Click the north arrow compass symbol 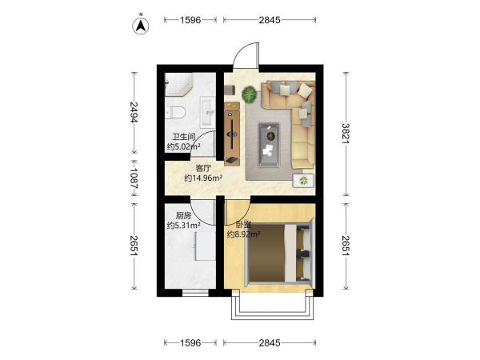141,26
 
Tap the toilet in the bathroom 174,112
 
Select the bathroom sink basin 208,112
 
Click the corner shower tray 178,84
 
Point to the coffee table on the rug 269,145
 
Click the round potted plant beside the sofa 250,94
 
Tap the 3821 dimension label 346,134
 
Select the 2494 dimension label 134,112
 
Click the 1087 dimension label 134,178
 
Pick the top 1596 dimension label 190,20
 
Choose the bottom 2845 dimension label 270,343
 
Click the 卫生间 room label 184,137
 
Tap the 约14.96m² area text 203,178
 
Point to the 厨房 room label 184,216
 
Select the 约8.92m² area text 243,234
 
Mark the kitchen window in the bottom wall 195,293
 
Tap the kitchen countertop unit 205,246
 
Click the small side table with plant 303,181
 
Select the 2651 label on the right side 346,246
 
